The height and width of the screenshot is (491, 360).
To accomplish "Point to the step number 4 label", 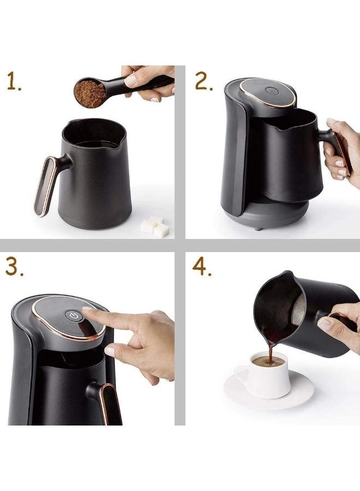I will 202,267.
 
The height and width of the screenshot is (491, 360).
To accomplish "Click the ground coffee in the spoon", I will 90,93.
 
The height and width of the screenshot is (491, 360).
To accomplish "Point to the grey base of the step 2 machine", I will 267,218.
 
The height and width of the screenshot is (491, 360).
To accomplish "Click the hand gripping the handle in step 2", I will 341,153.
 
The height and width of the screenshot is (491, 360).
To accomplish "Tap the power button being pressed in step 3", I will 73,315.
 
